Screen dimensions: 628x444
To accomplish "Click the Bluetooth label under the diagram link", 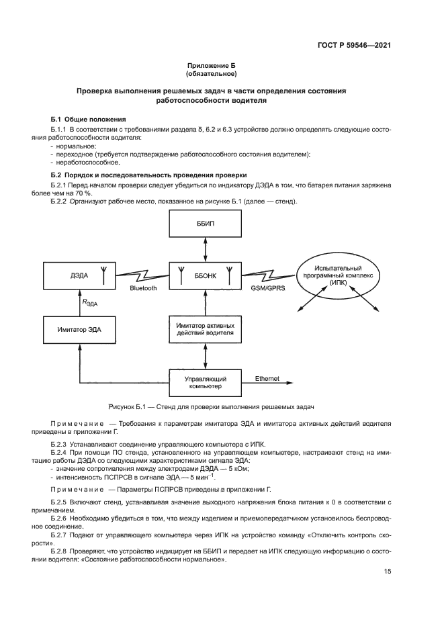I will click(x=143, y=288).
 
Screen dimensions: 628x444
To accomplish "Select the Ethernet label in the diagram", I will click(x=267, y=378).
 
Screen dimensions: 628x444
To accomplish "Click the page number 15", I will click(x=388, y=571).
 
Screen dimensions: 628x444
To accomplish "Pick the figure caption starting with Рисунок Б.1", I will click(x=212, y=406).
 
